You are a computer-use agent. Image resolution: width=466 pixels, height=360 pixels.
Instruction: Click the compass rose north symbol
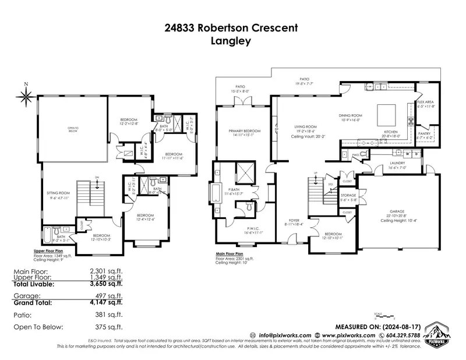tap(26, 96)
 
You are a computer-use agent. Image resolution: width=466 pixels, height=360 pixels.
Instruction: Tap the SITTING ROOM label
tap(59, 192)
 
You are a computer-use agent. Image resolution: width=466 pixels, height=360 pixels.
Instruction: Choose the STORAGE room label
tap(348, 195)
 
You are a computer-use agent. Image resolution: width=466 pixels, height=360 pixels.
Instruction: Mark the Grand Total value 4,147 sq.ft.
tap(105, 302)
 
